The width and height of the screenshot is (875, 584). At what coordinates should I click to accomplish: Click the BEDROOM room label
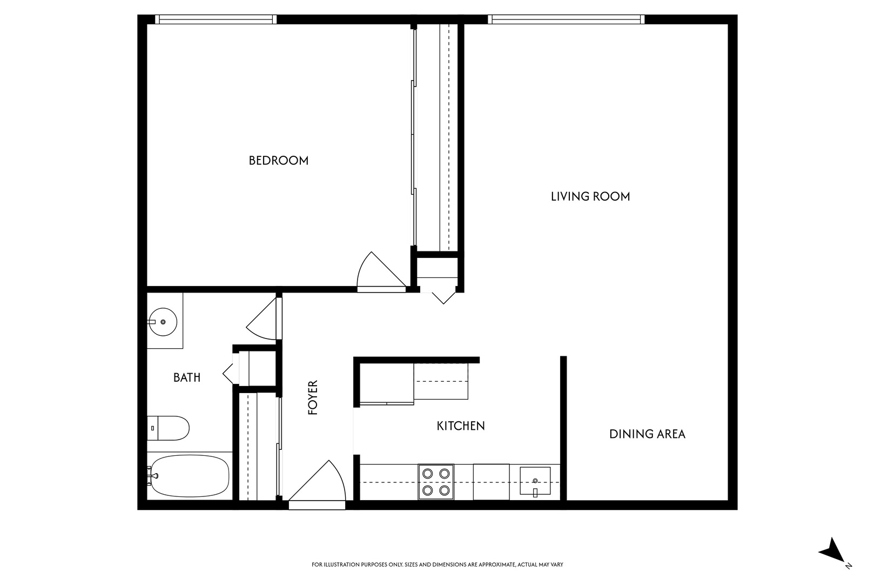(278, 160)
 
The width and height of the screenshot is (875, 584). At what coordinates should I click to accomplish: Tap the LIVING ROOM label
(590, 196)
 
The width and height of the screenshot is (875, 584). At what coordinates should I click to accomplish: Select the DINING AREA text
(647, 434)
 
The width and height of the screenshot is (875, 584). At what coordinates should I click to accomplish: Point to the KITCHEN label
(461, 426)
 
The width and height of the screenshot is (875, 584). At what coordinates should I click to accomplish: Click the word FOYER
(313, 397)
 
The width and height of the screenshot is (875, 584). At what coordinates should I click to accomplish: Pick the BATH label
(187, 377)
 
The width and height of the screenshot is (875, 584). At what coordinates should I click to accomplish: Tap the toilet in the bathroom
(169, 428)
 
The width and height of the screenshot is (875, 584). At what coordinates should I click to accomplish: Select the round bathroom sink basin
(163, 322)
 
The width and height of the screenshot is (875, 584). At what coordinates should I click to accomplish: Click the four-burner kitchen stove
(436, 482)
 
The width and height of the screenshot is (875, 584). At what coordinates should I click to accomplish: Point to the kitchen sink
(535, 481)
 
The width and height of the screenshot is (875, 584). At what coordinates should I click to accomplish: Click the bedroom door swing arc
(378, 273)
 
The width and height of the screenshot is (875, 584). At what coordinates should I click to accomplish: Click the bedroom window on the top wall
(216, 19)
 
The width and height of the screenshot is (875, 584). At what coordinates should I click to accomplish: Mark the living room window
(567, 19)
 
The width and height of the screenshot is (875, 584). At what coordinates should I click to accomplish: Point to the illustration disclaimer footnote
(437, 565)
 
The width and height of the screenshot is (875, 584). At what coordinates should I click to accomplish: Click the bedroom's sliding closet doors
(414, 135)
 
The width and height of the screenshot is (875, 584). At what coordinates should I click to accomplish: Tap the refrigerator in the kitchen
(441, 381)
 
